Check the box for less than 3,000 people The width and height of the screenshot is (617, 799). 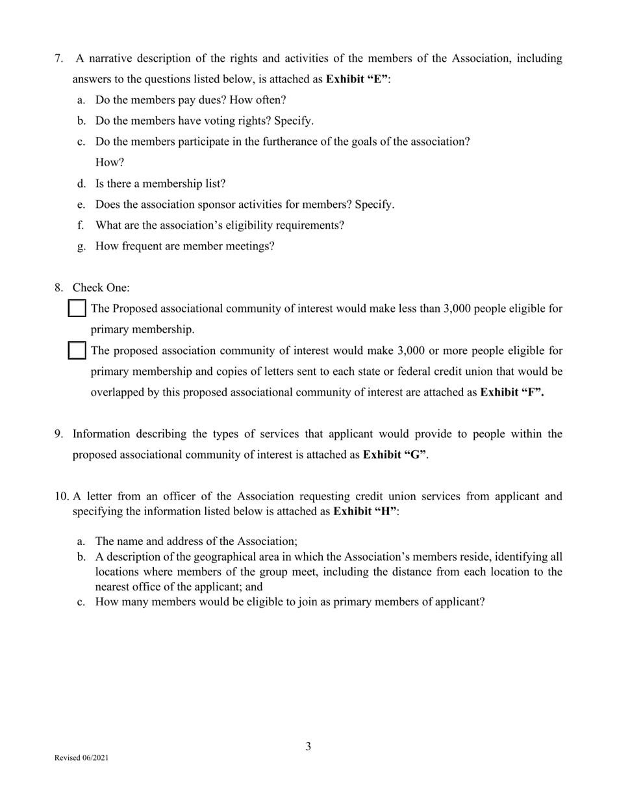(77, 309)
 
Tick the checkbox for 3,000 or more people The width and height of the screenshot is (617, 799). (77, 351)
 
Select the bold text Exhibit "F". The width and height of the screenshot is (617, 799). (512, 392)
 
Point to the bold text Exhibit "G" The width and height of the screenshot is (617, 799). (395, 455)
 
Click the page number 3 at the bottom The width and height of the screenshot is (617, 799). (308, 746)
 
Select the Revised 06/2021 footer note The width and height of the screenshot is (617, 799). (81, 758)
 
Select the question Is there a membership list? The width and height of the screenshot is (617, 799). (160, 184)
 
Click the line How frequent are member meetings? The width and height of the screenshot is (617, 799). (184, 246)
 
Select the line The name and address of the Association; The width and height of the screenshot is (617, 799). (196, 541)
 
